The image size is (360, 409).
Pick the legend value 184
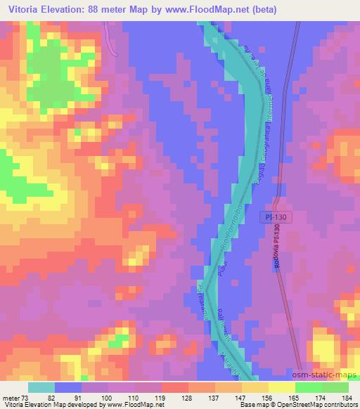(x=347, y=397)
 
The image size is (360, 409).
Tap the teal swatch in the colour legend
(x=41, y=387)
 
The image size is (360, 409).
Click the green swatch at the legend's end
(x=335, y=387)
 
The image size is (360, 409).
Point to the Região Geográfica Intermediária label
(x=266, y=119)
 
